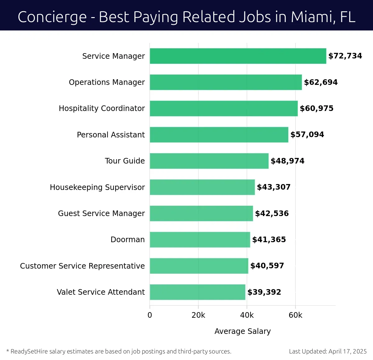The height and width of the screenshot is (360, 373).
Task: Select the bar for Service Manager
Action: pyautogui.click(x=238, y=56)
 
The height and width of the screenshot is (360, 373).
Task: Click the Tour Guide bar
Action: pyautogui.click(x=209, y=161)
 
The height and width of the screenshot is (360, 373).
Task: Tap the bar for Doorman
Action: pyautogui.click(x=200, y=239)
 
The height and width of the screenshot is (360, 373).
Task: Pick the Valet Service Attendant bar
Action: pyautogui.click(x=197, y=292)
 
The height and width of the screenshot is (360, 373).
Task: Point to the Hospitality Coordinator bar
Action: pyautogui.click(x=223, y=108)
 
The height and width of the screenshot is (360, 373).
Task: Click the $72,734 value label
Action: pyautogui.click(x=345, y=56)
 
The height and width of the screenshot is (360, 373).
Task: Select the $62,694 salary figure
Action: pyautogui.click(x=320, y=82)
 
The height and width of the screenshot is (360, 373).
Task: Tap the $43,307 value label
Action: pyautogui.click(x=274, y=187)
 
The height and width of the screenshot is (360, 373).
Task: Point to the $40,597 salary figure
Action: pyautogui.click(x=267, y=266)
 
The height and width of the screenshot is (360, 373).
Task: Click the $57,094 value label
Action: pyautogui.click(x=307, y=135)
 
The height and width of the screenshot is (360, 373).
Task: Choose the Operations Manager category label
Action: pyautogui.click(x=107, y=82)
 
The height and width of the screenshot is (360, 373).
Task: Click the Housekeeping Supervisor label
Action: pyautogui.click(x=97, y=187)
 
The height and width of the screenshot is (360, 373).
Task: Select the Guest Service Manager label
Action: pyautogui.click(x=101, y=213)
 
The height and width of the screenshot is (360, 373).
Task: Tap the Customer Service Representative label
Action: pyautogui.click(x=82, y=266)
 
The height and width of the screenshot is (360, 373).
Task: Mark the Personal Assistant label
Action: pyautogui.click(x=111, y=135)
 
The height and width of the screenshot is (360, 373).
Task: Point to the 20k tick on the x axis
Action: pyautogui.click(x=198, y=315)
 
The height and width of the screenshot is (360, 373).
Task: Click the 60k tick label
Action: pyautogui.click(x=295, y=315)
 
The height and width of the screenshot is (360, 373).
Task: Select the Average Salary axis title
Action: pyautogui.click(x=242, y=331)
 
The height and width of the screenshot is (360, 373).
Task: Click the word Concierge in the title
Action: pyautogui.click(x=52, y=17)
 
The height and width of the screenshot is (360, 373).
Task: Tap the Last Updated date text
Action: pyautogui.click(x=328, y=351)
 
